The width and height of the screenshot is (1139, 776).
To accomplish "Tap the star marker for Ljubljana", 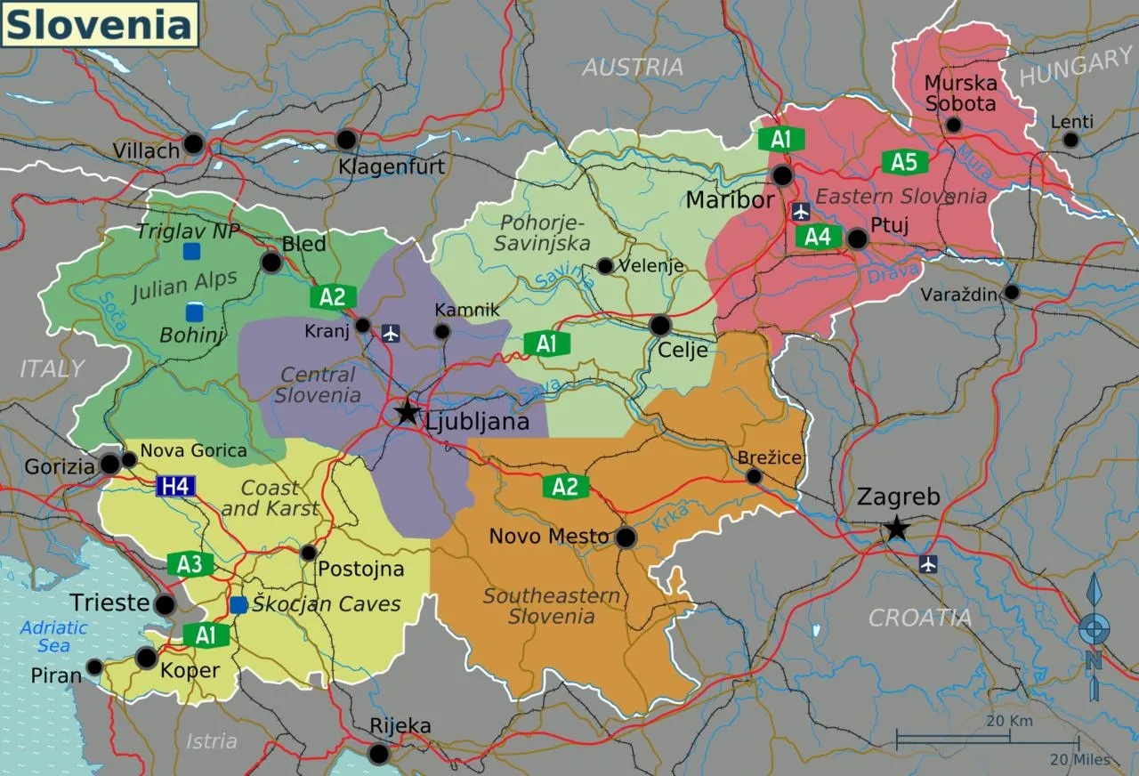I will click(408, 412).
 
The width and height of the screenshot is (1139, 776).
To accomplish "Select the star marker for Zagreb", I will click(896, 529).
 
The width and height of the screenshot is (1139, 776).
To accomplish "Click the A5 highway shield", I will click(904, 162).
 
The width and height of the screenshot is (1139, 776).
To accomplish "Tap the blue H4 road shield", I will click(175, 486).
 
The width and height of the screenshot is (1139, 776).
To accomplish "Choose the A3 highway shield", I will click(190, 564).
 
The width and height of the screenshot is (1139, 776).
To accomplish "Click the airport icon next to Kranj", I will click(391, 333).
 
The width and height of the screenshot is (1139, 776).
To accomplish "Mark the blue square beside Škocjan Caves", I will click(238, 605).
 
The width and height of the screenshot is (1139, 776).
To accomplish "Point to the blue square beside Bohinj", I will click(194, 312).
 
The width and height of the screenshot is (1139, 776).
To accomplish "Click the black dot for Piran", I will click(94, 667).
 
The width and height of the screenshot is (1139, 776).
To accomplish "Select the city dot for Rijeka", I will click(379, 754).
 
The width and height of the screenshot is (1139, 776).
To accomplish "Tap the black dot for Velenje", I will click(605, 265).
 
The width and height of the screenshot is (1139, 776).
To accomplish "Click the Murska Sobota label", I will click(960, 93).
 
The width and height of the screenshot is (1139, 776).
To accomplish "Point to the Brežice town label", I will click(770, 457).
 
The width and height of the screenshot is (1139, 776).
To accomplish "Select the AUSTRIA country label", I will click(633, 67).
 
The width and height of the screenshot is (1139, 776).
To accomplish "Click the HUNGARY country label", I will click(1075, 68).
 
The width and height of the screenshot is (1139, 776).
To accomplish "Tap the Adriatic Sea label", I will click(54, 635).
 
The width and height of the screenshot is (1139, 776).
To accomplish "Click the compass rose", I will click(1094, 634).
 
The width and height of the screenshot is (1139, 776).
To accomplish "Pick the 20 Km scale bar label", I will click(1009, 721).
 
